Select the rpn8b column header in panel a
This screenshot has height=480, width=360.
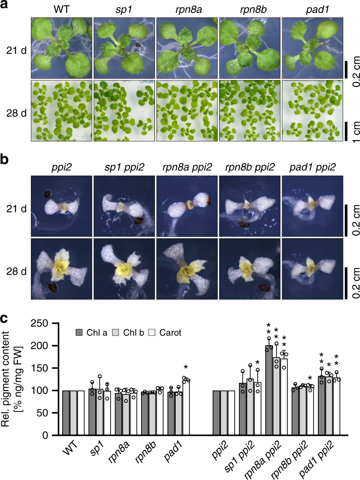253,10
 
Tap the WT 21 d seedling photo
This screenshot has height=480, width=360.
61,48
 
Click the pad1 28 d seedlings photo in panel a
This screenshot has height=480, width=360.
312,111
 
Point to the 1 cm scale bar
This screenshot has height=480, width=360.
346,131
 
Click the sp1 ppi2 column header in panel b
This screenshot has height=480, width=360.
124,167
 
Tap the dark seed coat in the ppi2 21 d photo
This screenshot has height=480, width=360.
47,194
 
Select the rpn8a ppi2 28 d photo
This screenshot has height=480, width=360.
187,269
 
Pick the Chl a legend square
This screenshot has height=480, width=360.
79,332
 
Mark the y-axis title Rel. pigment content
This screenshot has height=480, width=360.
5,379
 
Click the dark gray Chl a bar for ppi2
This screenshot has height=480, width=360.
216,413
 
